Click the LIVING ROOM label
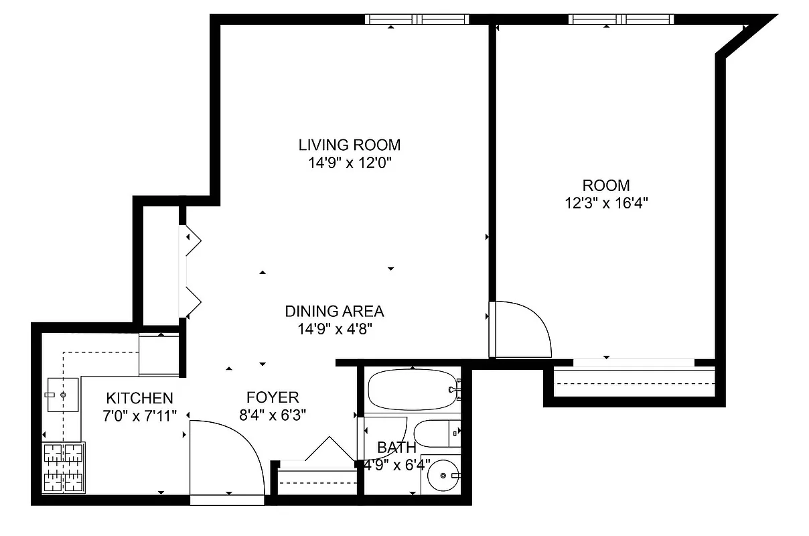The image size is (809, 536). (349, 145)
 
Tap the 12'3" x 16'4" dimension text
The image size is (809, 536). (606, 203)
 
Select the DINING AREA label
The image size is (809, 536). (334, 312)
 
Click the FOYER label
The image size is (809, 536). (272, 397)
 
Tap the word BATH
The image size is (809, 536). (396, 448)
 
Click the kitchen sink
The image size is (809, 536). (63, 395)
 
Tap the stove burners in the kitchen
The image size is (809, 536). (64, 468)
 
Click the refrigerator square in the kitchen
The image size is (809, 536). (159, 355)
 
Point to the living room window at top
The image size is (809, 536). (417, 19)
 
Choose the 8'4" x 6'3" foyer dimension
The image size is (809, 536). (272, 415)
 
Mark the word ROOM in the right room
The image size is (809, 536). (606, 186)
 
